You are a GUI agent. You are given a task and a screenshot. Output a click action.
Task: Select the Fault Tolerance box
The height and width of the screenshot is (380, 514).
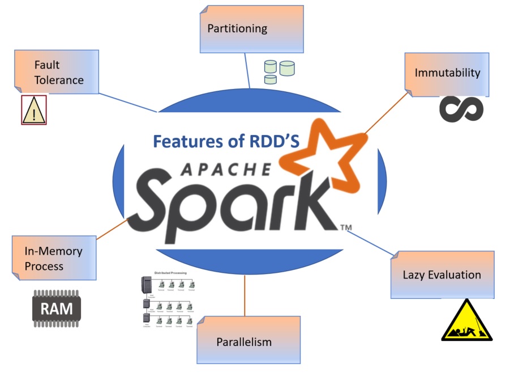point(57,72)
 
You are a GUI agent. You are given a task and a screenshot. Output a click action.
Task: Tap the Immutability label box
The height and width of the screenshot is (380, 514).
point(447,73)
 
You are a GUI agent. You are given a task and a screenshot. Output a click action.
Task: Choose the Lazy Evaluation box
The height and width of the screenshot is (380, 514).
point(442,275)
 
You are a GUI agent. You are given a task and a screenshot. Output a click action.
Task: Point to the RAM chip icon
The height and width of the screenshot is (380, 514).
point(56,309)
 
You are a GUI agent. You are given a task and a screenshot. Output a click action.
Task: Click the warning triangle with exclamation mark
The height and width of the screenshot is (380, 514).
point(34,110)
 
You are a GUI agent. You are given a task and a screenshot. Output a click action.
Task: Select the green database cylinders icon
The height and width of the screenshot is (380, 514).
point(279,71)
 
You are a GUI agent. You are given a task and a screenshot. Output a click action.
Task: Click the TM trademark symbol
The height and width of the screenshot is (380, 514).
point(346,228)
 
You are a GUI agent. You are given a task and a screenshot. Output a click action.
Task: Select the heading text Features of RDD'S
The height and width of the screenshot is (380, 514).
point(226,142)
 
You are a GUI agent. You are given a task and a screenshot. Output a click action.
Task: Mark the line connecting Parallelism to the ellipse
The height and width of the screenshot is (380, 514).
point(245,295)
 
